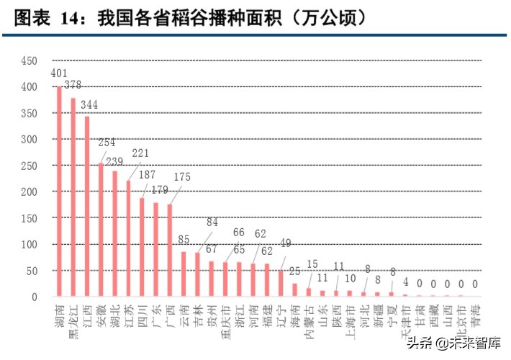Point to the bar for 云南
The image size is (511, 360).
coord(184,274)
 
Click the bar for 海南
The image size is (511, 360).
coord(294,289)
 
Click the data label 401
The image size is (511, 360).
coord(59,73)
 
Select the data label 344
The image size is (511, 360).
coord(89,105)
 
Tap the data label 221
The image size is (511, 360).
coord(140,153)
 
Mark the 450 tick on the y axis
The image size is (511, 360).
coord(29,60)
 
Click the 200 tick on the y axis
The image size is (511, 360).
coord(29,192)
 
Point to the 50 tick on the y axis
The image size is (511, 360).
coord(32,271)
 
